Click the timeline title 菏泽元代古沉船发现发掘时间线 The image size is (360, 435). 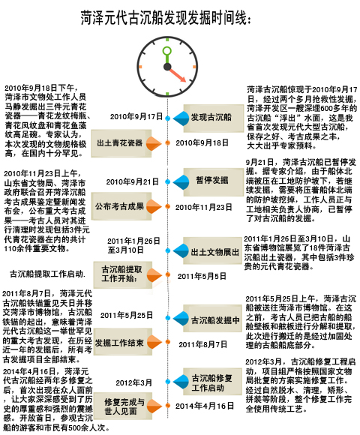click(166, 18)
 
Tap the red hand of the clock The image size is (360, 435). click(178, 75)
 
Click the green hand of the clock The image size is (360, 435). click(167, 55)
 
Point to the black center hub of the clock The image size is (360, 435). click(167, 67)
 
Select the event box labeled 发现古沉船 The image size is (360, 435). click(214, 118)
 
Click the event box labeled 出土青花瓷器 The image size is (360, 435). click(121, 143)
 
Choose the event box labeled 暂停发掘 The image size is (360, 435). click(214, 181)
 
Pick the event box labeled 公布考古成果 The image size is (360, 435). click(121, 206)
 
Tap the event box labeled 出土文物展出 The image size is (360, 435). click(212, 250)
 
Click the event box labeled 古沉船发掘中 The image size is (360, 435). click(212, 318)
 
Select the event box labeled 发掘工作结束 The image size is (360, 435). click(122, 342)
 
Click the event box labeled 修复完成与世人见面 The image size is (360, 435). click(122, 406)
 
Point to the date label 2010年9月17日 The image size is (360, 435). click(136, 116)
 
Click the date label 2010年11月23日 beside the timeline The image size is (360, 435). click(203, 207)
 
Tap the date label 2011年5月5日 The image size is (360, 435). click(202, 276)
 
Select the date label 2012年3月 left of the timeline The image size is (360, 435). click(133, 382)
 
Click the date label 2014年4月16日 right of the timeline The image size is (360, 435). click(205, 406)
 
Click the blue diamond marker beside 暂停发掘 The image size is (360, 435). click(181, 182)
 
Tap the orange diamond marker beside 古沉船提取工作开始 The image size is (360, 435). click(154, 275)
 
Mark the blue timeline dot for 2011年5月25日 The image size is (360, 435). click(167, 318)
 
